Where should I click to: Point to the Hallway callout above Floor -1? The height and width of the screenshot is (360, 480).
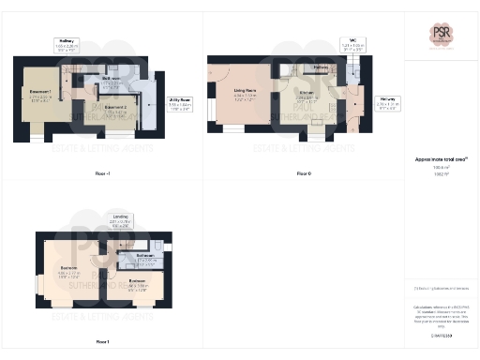click(x=66, y=43)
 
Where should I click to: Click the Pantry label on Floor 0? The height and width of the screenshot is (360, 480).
click(x=320, y=67)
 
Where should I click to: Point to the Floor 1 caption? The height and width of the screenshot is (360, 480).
click(x=102, y=341)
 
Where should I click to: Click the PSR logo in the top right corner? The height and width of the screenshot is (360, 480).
click(x=442, y=35)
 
